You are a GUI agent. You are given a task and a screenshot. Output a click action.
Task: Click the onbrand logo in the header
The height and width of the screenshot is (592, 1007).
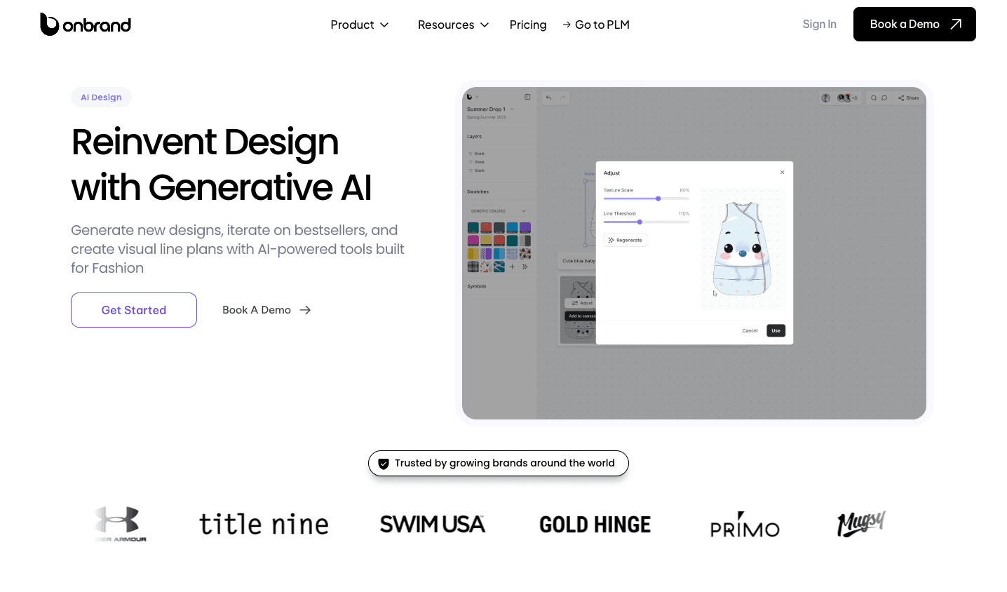[86, 25]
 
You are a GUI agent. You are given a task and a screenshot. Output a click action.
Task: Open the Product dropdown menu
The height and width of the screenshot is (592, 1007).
[359, 25]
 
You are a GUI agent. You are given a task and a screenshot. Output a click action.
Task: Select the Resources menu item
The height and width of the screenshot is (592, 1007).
[453, 25]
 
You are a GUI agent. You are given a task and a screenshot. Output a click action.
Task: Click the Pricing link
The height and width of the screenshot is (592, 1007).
[528, 25]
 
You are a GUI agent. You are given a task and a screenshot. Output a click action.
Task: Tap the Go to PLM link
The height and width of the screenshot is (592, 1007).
[596, 25]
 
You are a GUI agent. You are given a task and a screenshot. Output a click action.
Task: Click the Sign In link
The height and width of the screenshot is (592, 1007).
[819, 24]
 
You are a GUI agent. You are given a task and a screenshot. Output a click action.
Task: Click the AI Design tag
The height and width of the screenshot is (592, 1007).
[101, 97]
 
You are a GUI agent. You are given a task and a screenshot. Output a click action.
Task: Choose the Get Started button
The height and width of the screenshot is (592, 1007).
[134, 310]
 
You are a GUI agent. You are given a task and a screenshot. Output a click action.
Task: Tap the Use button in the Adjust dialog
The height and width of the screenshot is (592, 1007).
[776, 330]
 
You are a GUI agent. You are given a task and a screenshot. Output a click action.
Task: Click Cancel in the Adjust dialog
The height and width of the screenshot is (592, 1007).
[750, 330]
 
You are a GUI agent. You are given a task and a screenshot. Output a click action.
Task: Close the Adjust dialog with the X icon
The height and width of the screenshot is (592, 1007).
[783, 173]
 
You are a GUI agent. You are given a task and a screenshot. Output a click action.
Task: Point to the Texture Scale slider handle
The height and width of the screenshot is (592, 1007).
[658, 199]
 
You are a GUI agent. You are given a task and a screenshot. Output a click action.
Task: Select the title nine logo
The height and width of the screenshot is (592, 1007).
[264, 524]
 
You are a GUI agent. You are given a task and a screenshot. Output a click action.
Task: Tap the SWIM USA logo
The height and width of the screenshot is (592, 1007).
[433, 524]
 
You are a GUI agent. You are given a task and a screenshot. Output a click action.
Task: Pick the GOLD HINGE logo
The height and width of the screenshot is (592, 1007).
[595, 524]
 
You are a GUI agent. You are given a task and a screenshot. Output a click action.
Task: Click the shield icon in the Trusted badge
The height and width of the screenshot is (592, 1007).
[384, 464]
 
